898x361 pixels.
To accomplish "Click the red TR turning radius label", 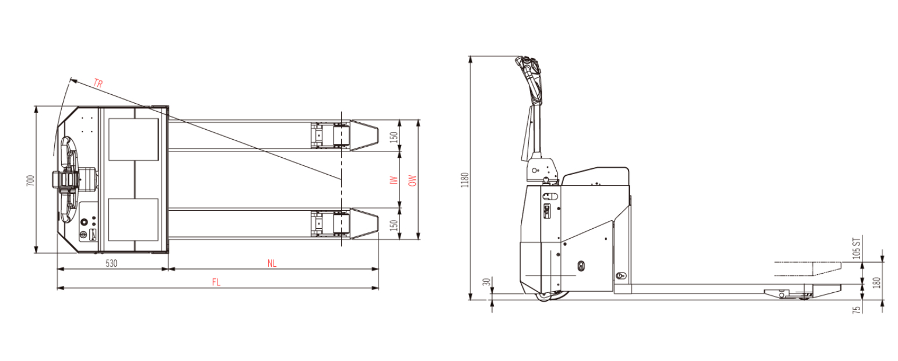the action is point(98,83).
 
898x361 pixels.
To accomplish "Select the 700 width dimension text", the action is point(31,180).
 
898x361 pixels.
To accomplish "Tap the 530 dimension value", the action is point(111,263).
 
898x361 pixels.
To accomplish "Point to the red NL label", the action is point(272,263).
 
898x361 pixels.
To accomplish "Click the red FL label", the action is point(216,282).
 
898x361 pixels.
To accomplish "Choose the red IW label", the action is point(394,180).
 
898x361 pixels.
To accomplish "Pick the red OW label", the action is point(412,180).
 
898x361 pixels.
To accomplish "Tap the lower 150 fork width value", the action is point(394,225).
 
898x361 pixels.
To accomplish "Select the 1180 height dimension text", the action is point(465,180).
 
